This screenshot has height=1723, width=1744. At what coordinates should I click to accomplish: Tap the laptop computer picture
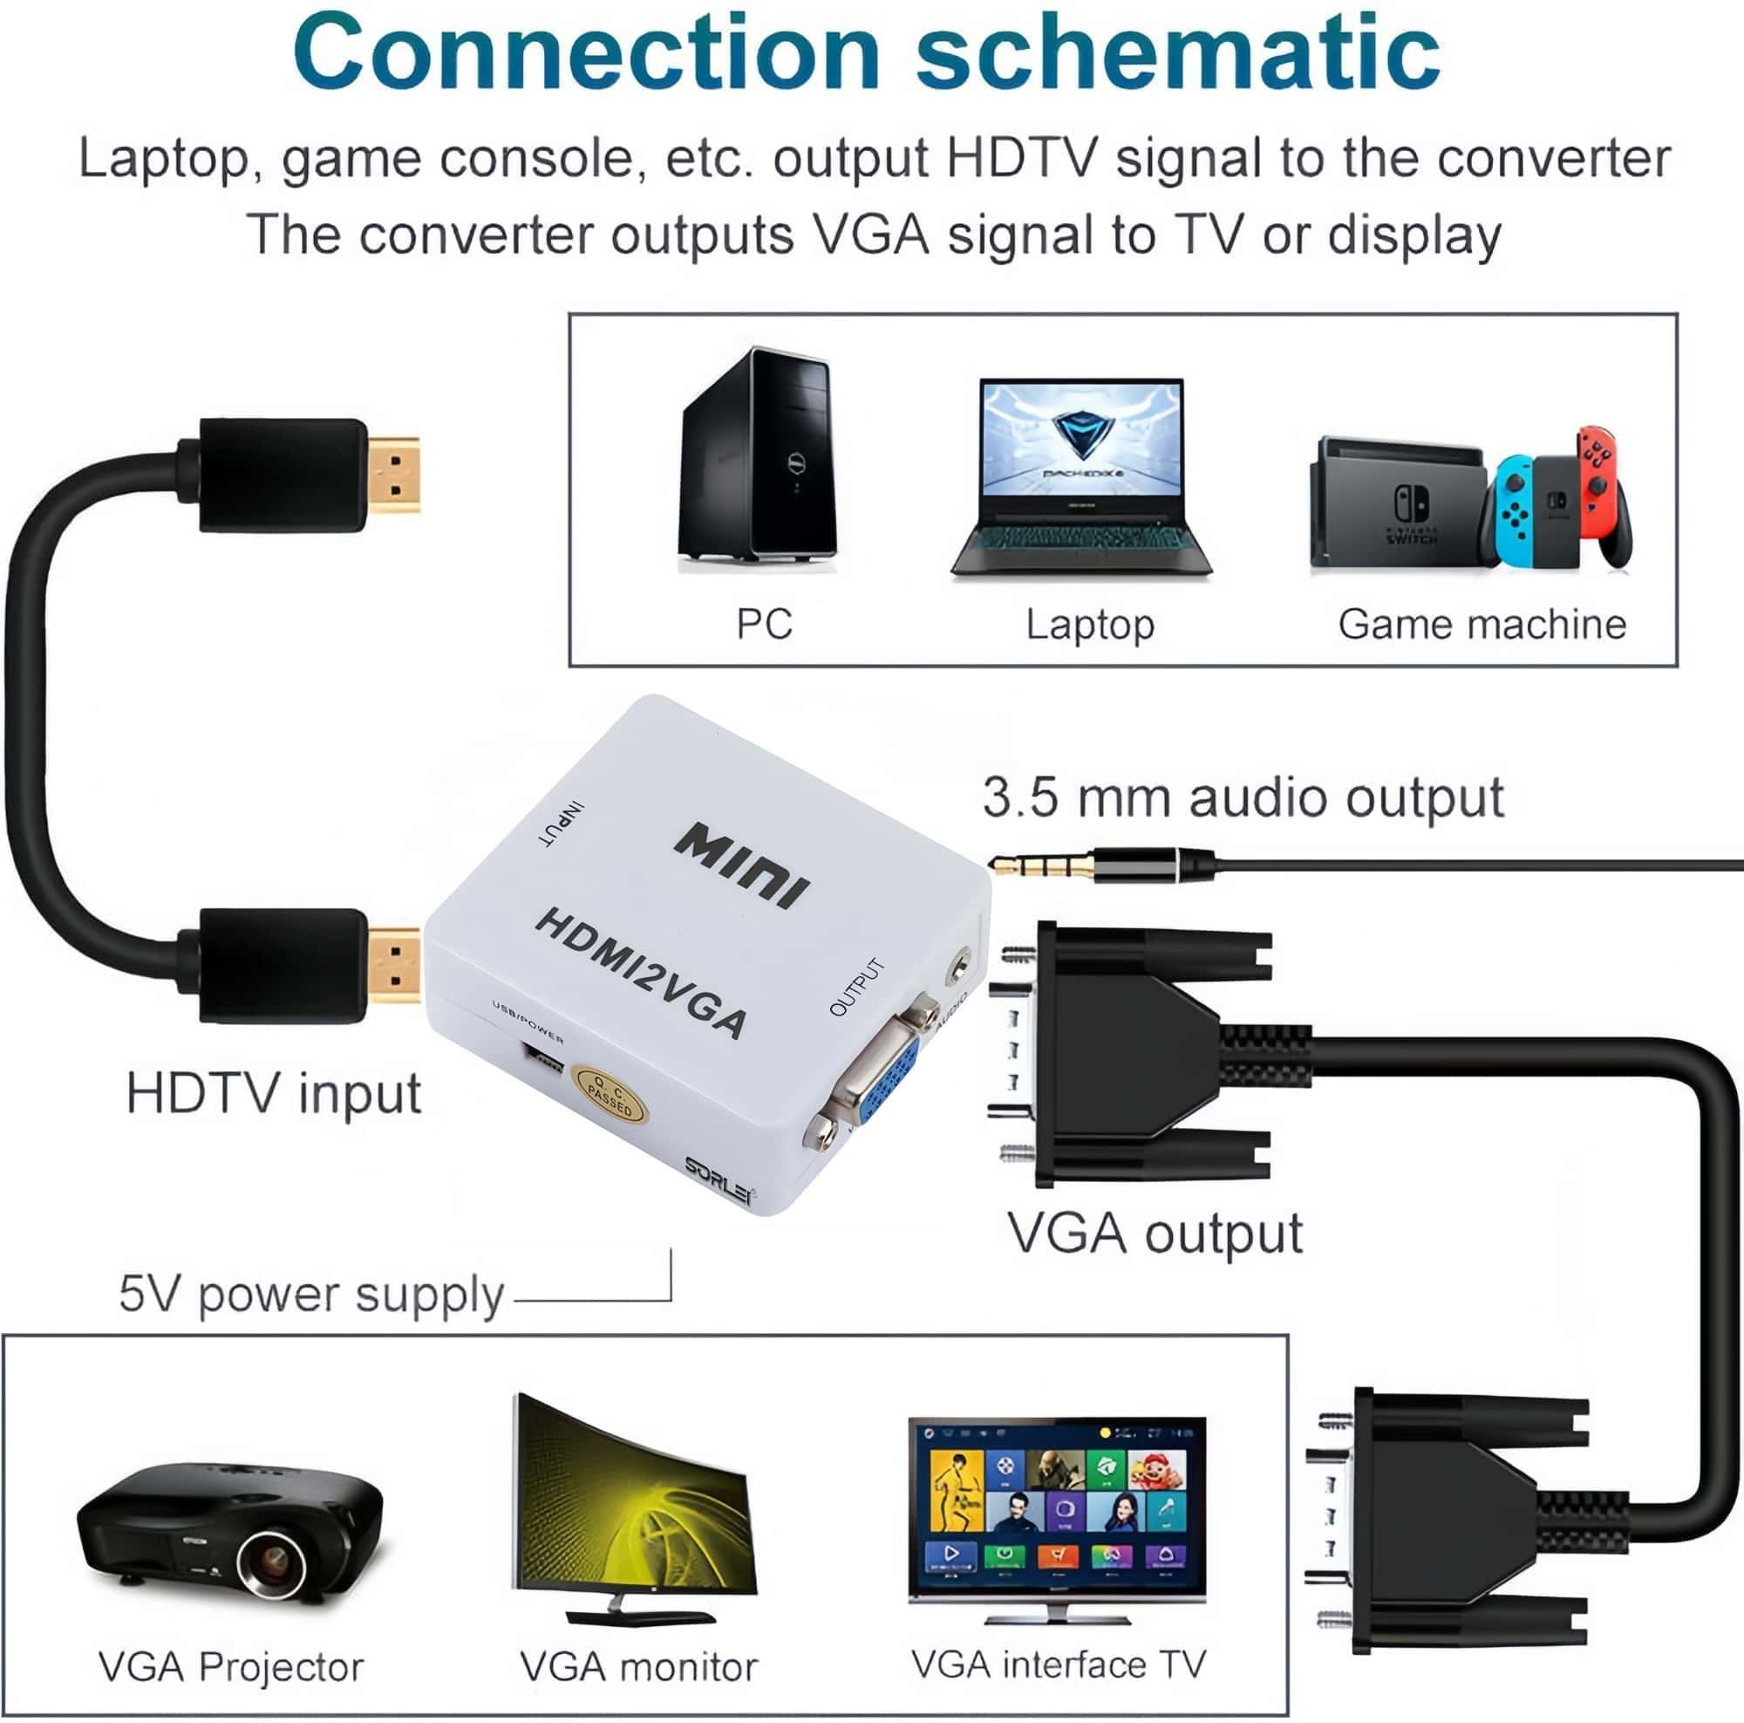1081,479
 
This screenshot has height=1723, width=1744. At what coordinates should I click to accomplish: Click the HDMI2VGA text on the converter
642,974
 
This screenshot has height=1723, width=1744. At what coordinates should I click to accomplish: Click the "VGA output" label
1155,1233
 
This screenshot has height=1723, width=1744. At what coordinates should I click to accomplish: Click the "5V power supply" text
310,1293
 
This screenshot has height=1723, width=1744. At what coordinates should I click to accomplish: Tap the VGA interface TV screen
1057,1503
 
